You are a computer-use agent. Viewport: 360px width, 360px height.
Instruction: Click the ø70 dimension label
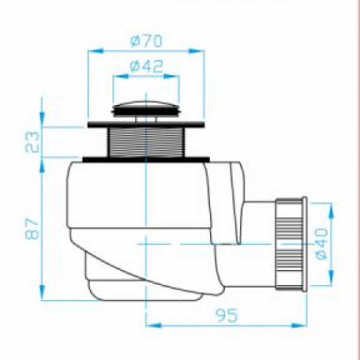[146, 41]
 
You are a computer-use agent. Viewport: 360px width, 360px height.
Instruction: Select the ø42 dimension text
[146, 66]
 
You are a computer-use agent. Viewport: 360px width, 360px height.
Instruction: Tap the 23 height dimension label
[32, 142]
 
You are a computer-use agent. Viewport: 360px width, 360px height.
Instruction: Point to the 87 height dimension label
[32, 229]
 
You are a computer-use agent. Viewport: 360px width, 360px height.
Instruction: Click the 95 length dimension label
[226, 315]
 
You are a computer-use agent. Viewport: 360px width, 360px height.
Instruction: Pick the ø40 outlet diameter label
[320, 244]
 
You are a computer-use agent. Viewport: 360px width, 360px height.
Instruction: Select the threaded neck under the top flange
[146, 142]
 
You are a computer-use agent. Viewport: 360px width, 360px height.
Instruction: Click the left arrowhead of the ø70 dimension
[95, 51]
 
